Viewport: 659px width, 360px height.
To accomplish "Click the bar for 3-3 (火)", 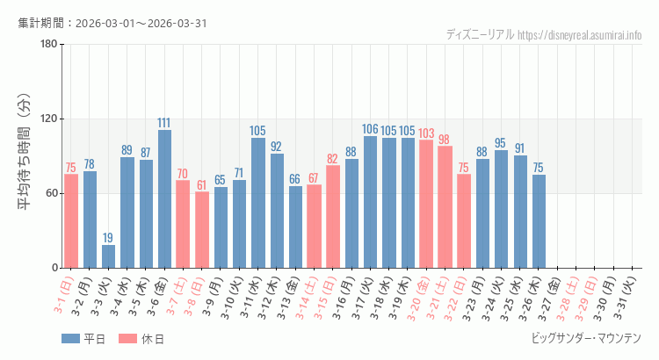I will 108,256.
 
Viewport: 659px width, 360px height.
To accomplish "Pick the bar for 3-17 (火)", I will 370,202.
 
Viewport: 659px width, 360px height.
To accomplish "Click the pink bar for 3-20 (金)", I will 426,204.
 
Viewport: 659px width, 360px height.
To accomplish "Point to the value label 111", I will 164,123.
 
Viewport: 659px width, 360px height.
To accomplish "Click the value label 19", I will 108,238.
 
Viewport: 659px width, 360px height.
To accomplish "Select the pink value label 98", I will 445,140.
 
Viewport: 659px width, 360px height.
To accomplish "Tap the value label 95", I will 501,143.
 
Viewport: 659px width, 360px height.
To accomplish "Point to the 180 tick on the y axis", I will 47,45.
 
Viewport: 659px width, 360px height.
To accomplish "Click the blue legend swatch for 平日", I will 70,338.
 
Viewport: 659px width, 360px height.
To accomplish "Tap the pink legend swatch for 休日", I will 127,338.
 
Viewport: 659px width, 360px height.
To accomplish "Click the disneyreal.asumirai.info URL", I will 580,35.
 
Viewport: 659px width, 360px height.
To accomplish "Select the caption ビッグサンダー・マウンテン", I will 586,338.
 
